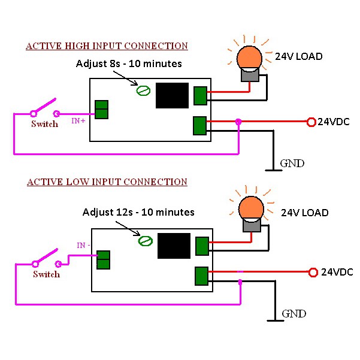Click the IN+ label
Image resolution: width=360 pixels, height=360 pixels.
pyautogui.click(x=78, y=121)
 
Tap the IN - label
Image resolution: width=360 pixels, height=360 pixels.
pyautogui.click(x=83, y=246)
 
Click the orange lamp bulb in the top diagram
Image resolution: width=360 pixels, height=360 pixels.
pyautogui.click(x=249, y=58)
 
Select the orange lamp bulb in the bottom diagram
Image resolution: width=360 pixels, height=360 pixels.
pyautogui.click(x=251, y=208)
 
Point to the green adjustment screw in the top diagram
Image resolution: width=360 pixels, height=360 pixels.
pyautogui.click(x=143, y=90)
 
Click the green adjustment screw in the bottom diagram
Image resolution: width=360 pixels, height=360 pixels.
pyautogui.click(x=146, y=241)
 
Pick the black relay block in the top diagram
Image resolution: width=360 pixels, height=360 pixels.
pyautogui.click(x=172, y=95)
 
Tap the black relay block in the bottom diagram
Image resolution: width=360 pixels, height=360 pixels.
pyautogui.click(x=174, y=246)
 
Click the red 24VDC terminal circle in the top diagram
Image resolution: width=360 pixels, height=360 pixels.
pyautogui.click(x=311, y=122)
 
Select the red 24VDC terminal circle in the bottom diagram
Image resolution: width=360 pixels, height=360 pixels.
pyautogui.click(x=313, y=273)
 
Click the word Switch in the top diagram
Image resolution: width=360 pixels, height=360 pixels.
pyautogui.click(x=45, y=124)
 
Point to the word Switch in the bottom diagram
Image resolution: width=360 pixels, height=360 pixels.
pyautogui.click(x=46, y=274)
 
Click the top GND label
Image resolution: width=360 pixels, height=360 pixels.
pyautogui.click(x=292, y=164)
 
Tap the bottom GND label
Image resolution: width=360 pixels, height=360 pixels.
pyautogui.click(x=294, y=314)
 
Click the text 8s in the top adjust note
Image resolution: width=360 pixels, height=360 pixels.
pyautogui.click(x=115, y=64)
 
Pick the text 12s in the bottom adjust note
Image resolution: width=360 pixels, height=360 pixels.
pyautogui.click(x=125, y=212)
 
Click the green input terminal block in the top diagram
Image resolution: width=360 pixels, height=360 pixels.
pyautogui.click(x=101, y=110)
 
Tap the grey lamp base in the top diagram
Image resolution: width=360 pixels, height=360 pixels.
pyautogui.click(x=250, y=75)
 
